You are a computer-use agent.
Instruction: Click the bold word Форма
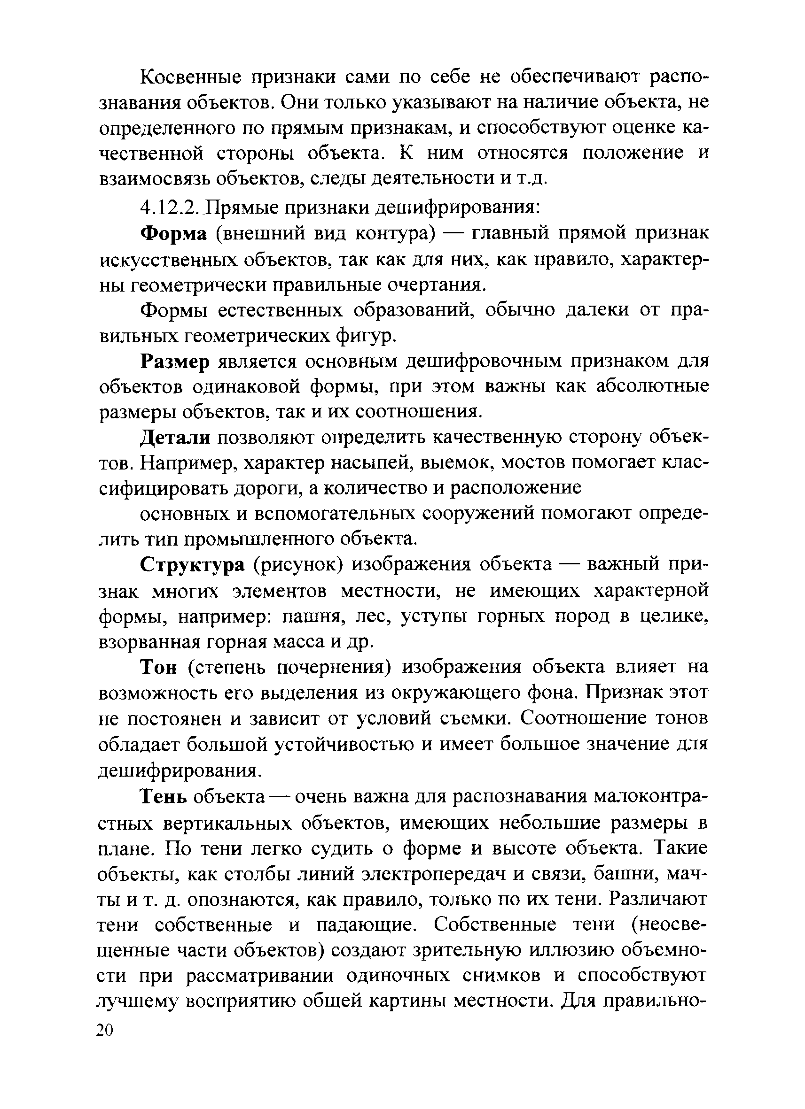click(x=174, y=234)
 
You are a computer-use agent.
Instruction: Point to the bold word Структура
click(x=192, y=565)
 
